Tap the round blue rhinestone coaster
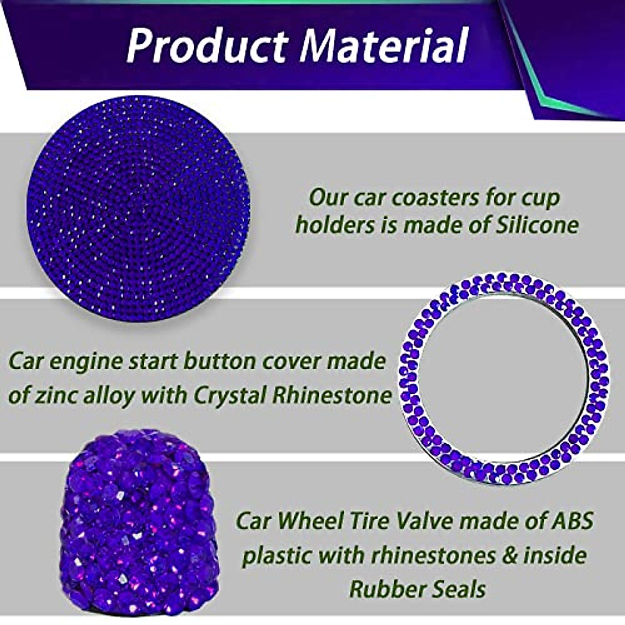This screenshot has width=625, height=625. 139,208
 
